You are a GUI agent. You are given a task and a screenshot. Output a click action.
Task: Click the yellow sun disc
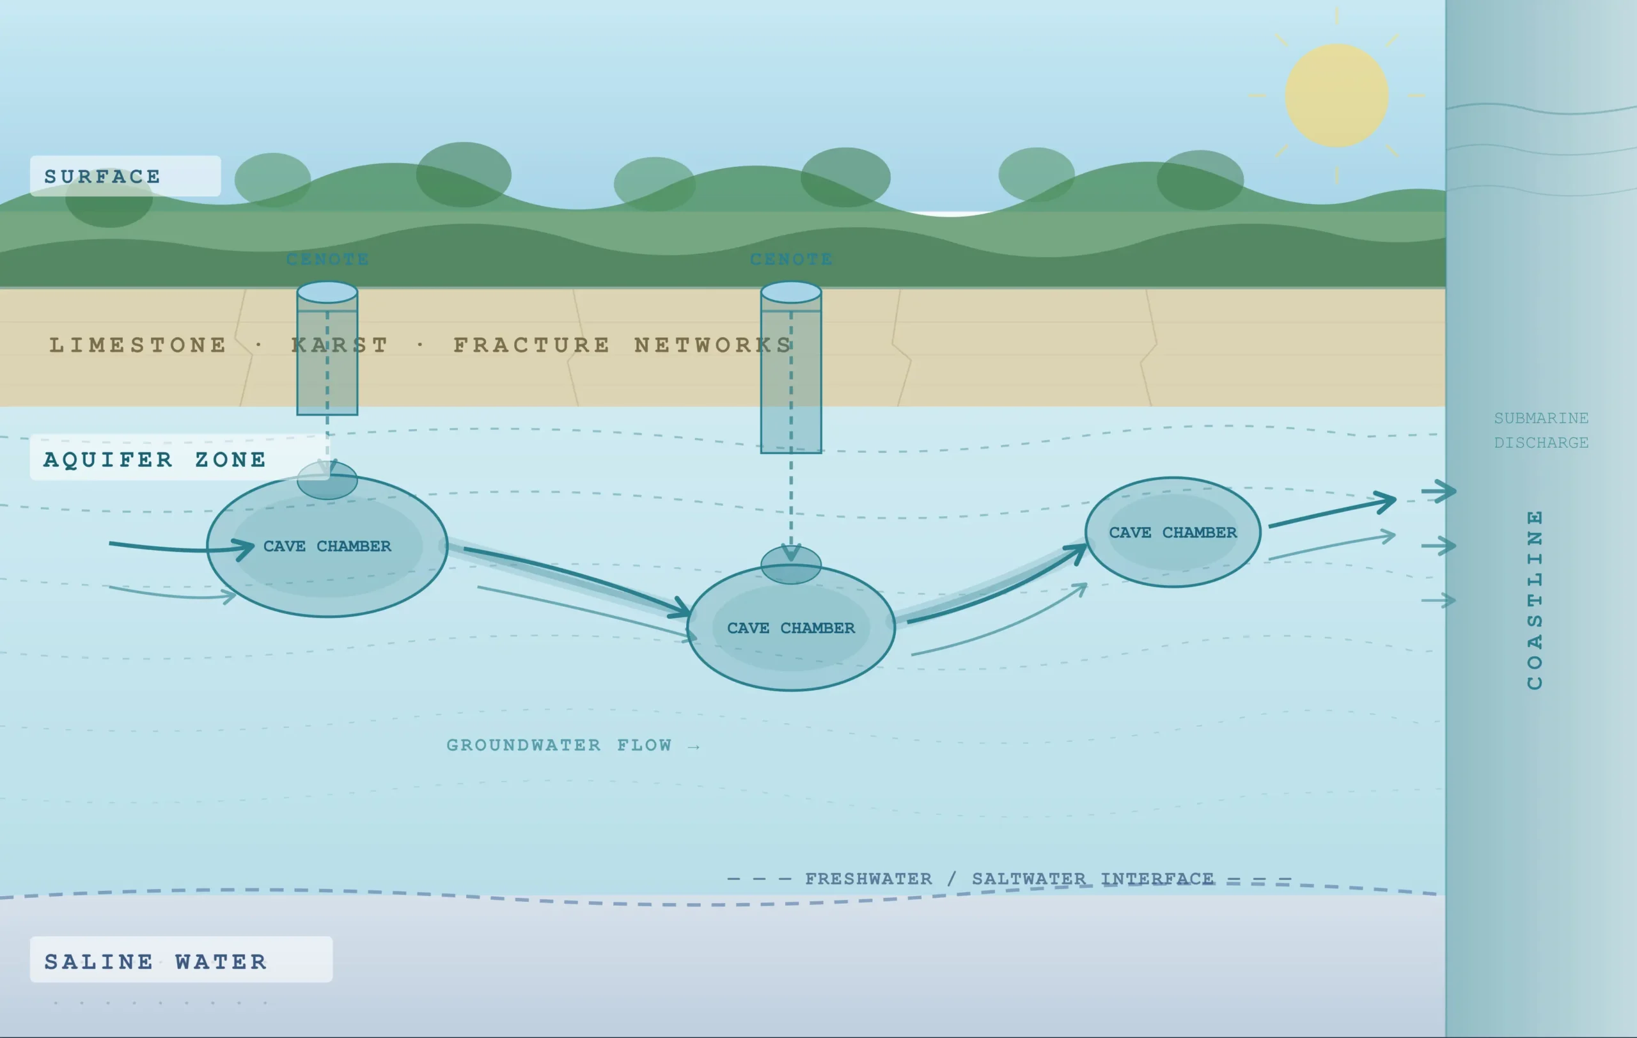click(1336, 96)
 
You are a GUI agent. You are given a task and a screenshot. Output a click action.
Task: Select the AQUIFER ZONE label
click(155, 459)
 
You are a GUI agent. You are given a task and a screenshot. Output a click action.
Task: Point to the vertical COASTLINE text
click(1534, 599)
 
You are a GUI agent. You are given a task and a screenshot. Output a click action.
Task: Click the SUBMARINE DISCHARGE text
click(1541, 430)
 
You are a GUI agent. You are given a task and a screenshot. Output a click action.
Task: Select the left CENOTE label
click(327, 259)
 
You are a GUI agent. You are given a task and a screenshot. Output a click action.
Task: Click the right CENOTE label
click(791, 259)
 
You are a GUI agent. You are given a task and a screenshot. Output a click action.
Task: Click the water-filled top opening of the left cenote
click(327, 292)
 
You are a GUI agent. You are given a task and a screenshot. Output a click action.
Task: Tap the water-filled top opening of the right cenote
click(791, 292)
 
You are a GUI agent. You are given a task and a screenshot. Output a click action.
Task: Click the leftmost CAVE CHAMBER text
click(327, 546)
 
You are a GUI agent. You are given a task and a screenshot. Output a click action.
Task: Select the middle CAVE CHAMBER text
click(790, 628)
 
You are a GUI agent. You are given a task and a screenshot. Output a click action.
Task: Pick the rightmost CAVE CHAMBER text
click(1173, 532)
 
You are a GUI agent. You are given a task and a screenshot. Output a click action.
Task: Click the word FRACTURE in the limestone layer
click(531, 345)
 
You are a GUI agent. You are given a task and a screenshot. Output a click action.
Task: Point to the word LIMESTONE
click(138, 345)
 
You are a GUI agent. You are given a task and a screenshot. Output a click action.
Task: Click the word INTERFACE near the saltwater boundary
click(1157, 878)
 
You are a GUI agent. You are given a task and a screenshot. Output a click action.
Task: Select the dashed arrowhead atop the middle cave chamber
click(790, 552)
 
